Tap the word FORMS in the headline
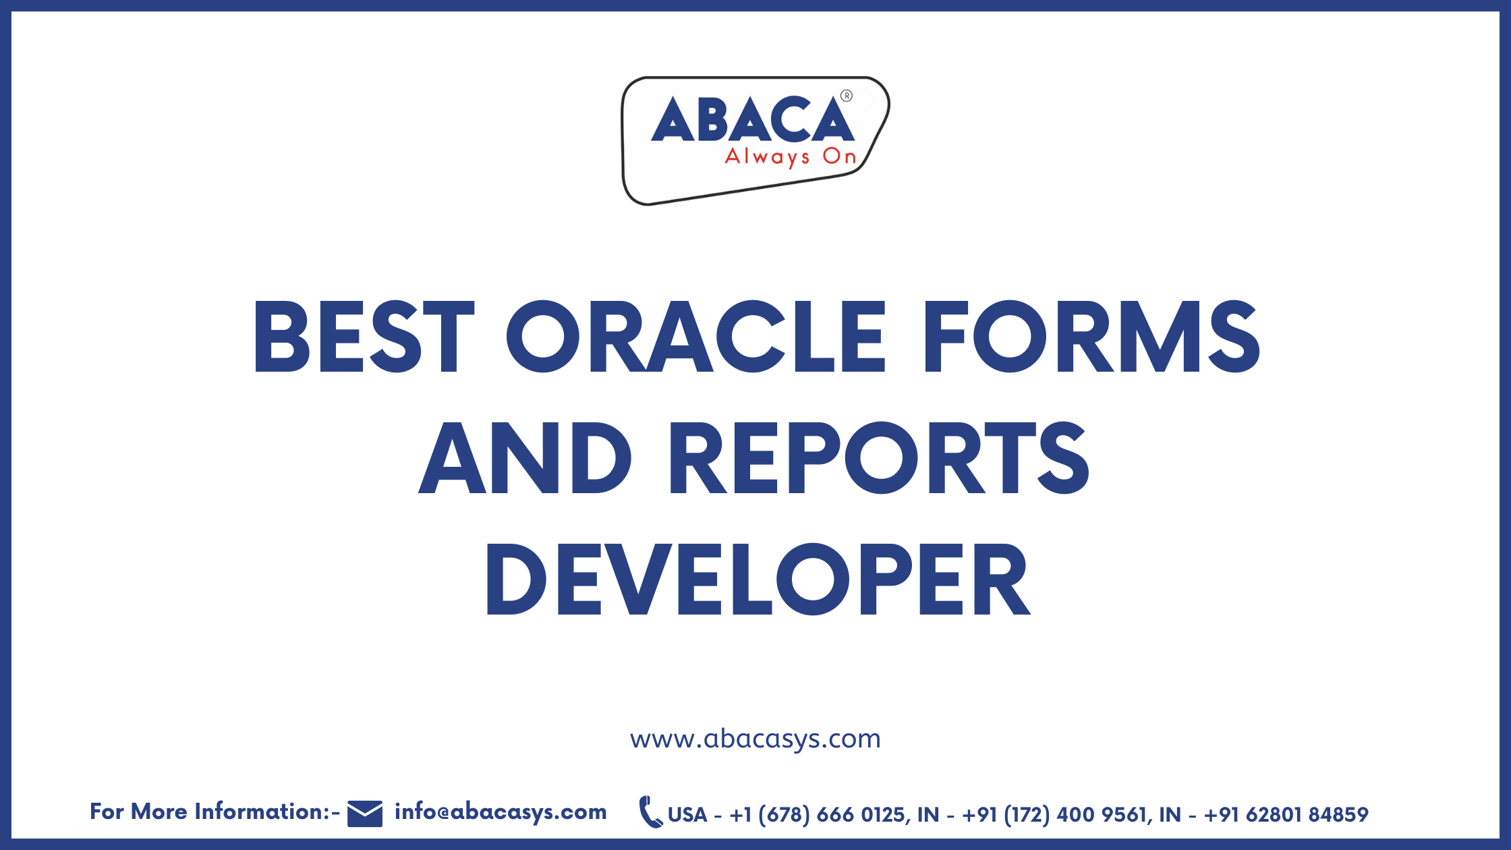pyautogui.click(x=1091, y=337)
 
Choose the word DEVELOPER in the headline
pyautogui.click(x=758, y=579)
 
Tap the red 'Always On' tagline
pyautogui.click(x=790, y=157)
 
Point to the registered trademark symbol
pyautogui.click(x=847, y=96)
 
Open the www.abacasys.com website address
pyautogui.click(x=755, y=739)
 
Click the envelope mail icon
pyautogui.click(x=365, y=814)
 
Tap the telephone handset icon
pyautogui.click(x=650, y=812)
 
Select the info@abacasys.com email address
pyautogui.click(x=501, y=812)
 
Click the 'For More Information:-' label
pyautogui.click(x=215, y=812)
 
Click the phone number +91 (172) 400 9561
pyautogui.click(x=1055, y=815)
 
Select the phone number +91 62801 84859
pyautogui.click(x=1286, y=815)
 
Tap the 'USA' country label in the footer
pyautogui.click(x=687, y=815)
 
